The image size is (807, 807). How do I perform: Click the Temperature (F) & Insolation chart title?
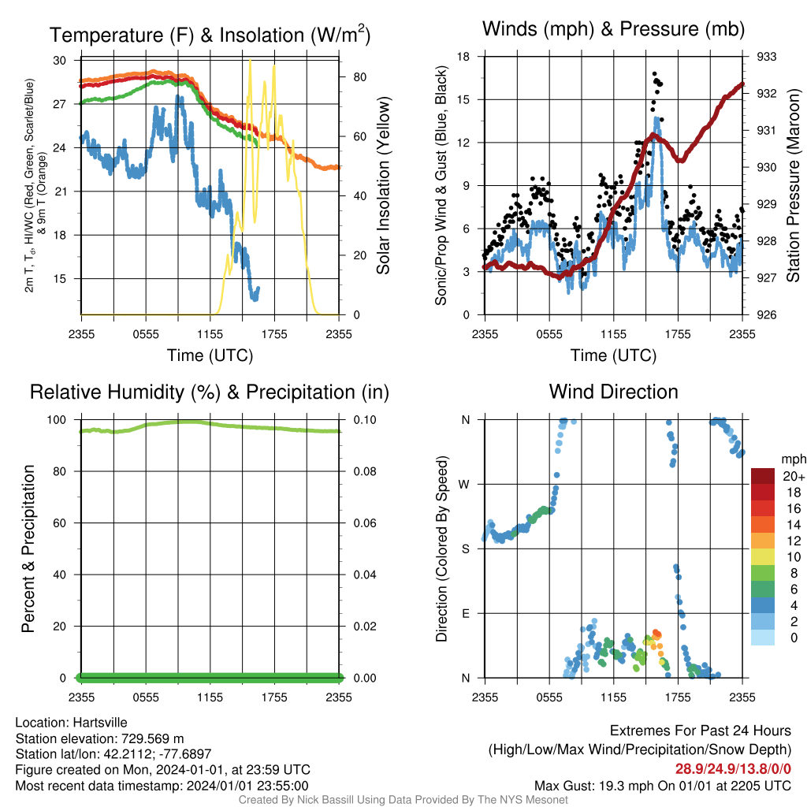click(x=210, y=35)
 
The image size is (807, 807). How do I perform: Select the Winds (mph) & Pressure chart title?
click(x=613, y=29)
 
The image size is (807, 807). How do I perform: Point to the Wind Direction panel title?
click(x=613, y=392)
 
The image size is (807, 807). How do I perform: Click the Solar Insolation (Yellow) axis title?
click(x=383, y=185)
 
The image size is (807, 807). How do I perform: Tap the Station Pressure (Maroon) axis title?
click(x=793, y=185)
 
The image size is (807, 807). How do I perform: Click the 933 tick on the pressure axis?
click(x=766, y=57)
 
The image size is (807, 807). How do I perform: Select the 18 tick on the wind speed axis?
click(x=463, y=57)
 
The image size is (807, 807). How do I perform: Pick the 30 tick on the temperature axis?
click(x=60, y=60)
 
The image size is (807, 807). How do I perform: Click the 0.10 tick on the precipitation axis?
click(x=365, y=420)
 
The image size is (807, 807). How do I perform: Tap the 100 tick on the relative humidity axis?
click(x=57, y=420)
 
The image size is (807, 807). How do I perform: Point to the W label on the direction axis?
click(x=464, y=485)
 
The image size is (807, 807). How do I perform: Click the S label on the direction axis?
click(x=465, y=549)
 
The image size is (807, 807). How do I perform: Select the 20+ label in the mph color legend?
click(x=794, y=477)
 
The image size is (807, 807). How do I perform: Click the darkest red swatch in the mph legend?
click(x=763, y=476)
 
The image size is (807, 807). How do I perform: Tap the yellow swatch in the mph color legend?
click(x=763, y=556)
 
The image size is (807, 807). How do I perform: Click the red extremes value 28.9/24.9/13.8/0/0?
click(x=733, y=769)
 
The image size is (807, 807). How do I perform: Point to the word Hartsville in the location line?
click(x=100, y=723)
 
